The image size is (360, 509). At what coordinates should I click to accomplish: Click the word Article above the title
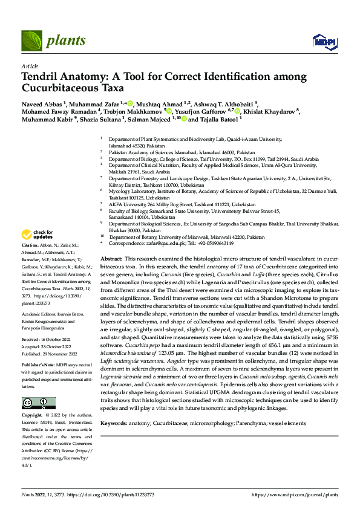point(29,66)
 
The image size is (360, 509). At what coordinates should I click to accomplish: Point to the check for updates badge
point(37,235)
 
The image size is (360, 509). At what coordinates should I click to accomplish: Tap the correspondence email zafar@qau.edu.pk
point(168,243)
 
